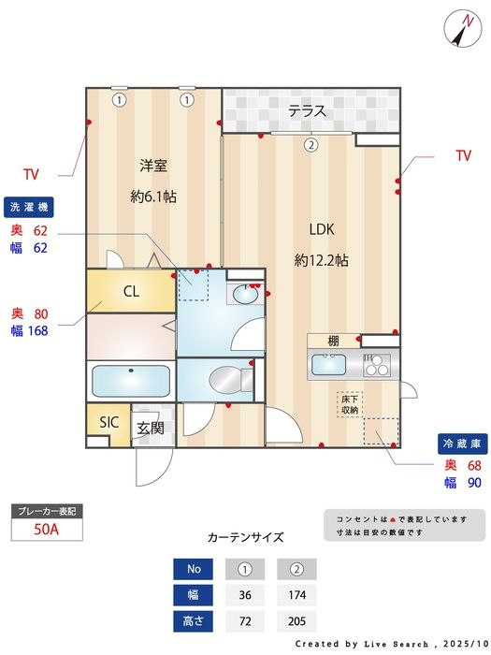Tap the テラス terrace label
(x=307, y=111)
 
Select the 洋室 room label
(x=153, y=166)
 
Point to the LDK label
(x=322, y=228)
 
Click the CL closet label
(x=131, y=291)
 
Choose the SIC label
(x=108, y=422)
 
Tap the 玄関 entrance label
(x=151, y=428)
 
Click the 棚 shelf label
(x=333, y=341)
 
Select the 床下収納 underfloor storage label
(x=350, y=404)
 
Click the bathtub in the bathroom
(x=131, y=382)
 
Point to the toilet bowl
(x=227, y=381)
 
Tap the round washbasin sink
(x=245, y=295)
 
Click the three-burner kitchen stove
(x=377, y=365)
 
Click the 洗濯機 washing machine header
(x=31, y=206)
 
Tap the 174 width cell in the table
(x=296, y=595)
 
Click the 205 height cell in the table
(x=296, y=620)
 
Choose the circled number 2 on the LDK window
(x=311, y=145)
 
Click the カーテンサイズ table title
(x=245, y=537)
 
